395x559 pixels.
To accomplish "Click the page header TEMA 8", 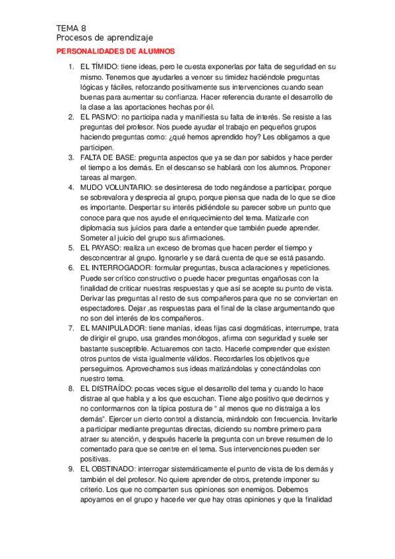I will [71, 28].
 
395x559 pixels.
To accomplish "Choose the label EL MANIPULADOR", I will [113, 328].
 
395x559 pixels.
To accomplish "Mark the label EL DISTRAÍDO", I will [106, 388].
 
